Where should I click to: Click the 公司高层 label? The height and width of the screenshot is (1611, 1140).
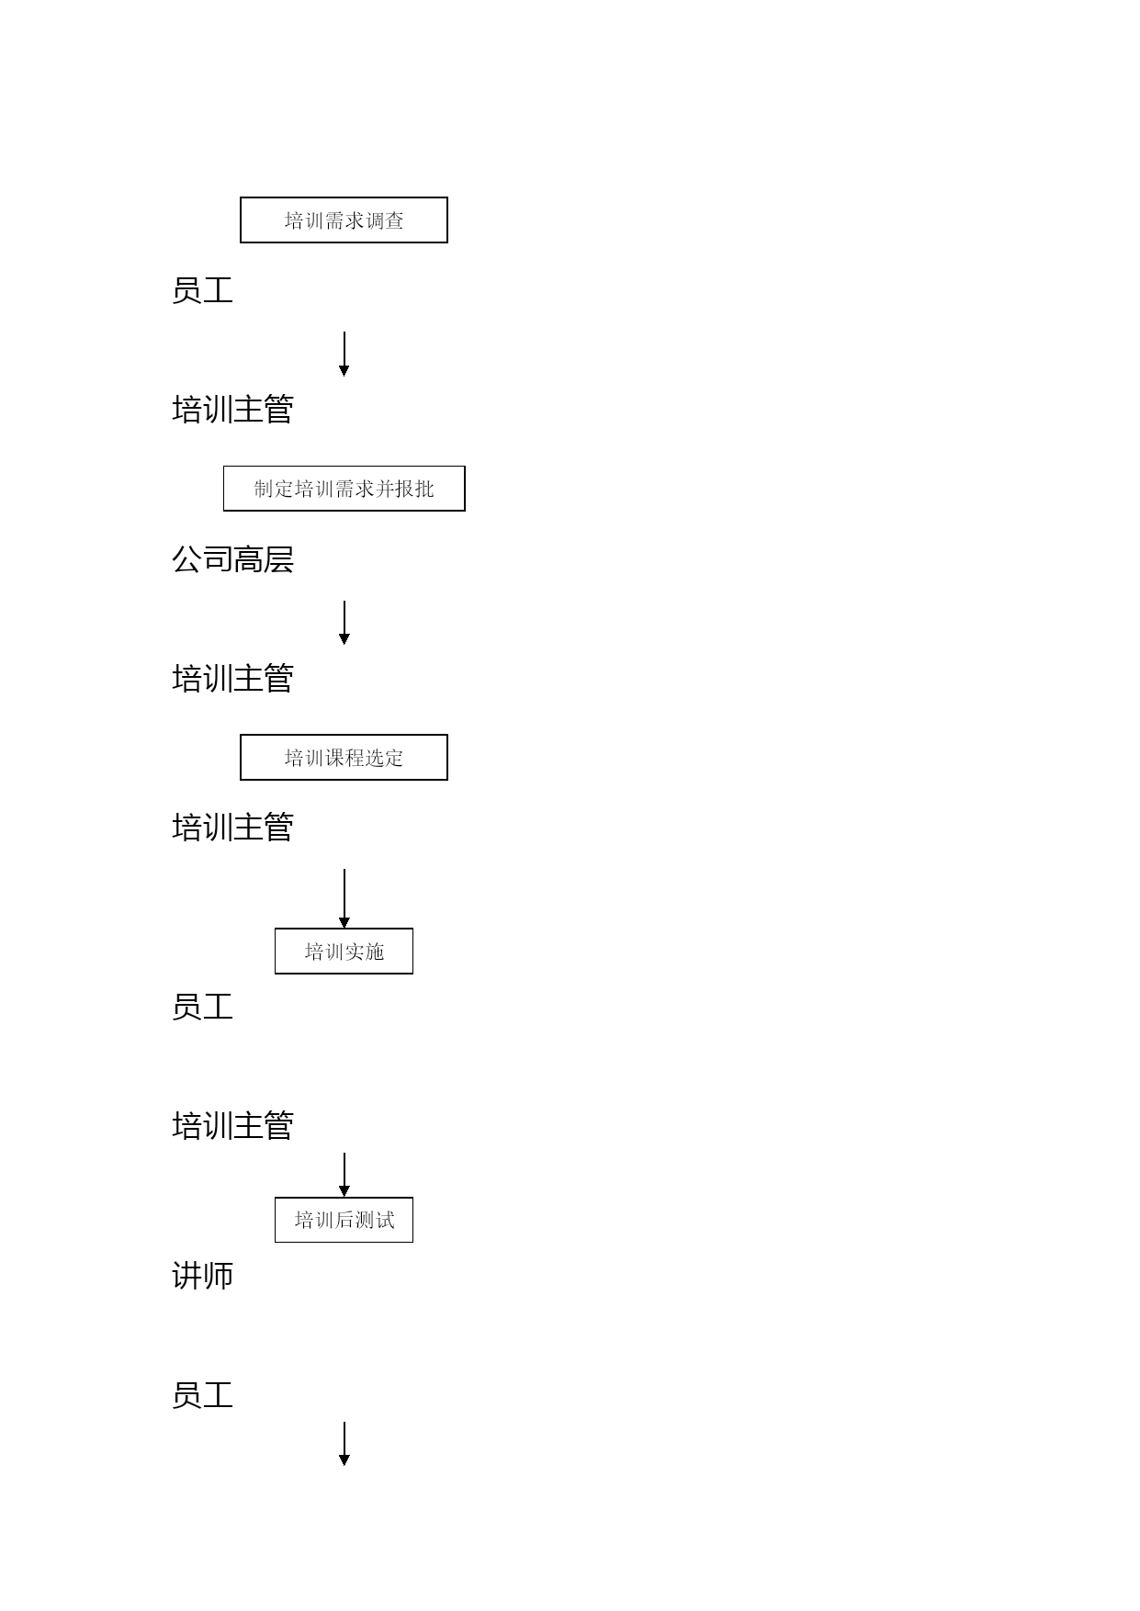[232, 559]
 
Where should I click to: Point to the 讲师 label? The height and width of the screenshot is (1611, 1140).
[202, 1275]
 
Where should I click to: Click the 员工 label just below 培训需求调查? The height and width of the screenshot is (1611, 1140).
[202, 290]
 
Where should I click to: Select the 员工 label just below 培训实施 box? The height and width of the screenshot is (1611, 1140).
[202, 1007]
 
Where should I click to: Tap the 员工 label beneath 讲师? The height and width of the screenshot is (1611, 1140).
[202, 1395]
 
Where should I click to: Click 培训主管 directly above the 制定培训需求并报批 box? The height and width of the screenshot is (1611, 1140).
[232, 410]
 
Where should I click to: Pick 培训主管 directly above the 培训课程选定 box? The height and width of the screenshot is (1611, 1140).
[232, 679]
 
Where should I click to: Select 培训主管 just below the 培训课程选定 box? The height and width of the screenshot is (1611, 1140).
[232, 828]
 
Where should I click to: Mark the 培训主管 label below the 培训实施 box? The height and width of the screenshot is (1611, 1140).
[232, 1125]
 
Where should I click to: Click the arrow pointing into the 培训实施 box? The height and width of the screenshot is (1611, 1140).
[344, 898]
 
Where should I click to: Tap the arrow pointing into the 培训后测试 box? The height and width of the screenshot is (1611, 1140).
[344, 1175]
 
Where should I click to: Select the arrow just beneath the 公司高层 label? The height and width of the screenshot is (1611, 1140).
[344, 623]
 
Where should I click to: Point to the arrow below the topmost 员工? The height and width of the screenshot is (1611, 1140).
[344, 354]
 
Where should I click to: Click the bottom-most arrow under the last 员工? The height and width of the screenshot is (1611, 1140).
[344, 1444]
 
